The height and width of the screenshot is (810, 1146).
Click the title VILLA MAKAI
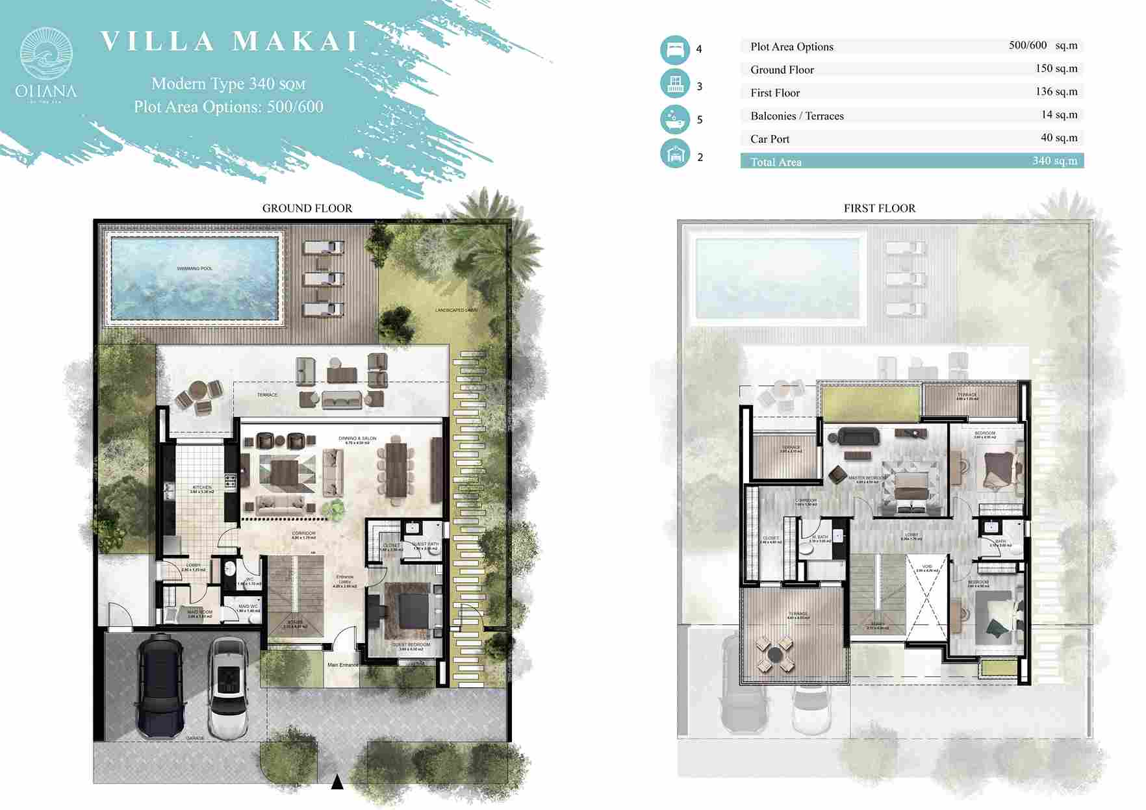pos(229,41)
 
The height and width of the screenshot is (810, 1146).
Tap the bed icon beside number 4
pos(675,49)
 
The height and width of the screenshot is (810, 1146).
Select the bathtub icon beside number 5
pos(675,120)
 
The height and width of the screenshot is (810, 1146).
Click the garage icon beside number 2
pos(675,154)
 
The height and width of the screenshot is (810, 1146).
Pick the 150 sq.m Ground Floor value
pos(1056,69)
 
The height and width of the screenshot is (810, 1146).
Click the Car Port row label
pos(770,139)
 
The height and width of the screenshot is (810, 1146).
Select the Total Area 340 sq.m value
pos(1054,160)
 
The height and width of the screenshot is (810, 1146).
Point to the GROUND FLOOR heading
pos(307,209)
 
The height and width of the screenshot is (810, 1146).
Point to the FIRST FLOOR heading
pos(879,209)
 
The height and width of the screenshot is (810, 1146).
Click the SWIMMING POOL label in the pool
pos(194,268)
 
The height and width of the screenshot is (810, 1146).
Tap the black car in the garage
pos(160,685)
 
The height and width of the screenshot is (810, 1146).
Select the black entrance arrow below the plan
pos(337,782)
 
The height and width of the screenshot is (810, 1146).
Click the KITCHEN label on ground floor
pos(202,487)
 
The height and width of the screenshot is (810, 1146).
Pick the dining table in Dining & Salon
pos(395,470)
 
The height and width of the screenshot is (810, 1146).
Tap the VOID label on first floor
pos(926,566)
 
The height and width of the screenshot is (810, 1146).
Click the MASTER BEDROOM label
pos(867,478)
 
